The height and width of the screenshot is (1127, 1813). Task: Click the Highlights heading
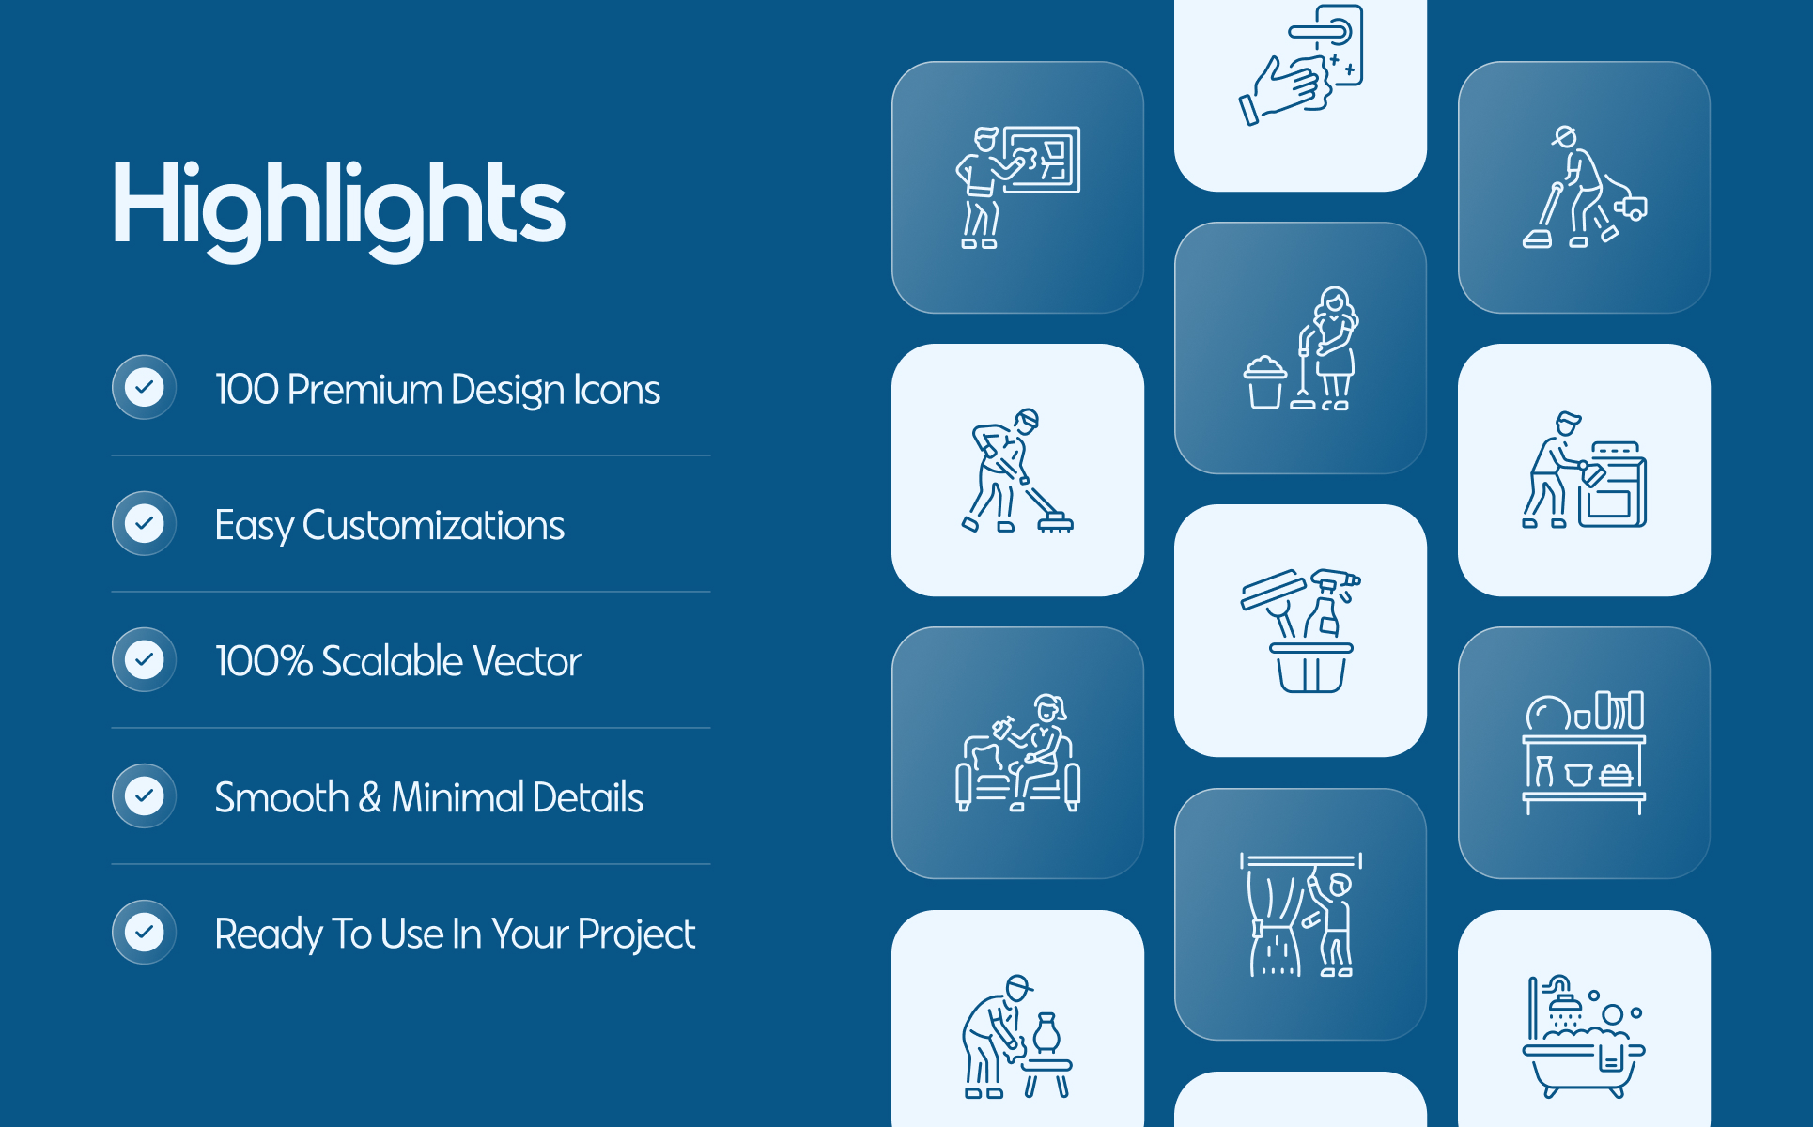click(339, 208)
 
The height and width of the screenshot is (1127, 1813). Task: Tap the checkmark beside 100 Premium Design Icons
click(145, 387)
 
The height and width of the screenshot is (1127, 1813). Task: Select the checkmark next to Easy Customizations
click(145, 523)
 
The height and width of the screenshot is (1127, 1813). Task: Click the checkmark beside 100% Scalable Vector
click(145, 659)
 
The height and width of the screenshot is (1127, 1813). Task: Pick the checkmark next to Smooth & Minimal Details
click(145, 795)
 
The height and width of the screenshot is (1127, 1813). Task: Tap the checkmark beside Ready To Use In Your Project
click(145, 932)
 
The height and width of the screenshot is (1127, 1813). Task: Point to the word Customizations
click(433, 525)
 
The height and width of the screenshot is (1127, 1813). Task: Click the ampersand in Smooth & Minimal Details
click(369, 797)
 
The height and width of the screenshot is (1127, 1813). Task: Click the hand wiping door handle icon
click(1301, 64)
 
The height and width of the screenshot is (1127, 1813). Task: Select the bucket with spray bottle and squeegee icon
click(1301, 631)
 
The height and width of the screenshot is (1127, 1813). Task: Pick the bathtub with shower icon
click(1584, 1036)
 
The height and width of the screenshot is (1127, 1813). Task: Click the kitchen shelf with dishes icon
click(1584, 752)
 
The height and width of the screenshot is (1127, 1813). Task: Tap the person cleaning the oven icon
click(1584, 470)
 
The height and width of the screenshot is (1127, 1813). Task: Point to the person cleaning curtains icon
click(1301, 915)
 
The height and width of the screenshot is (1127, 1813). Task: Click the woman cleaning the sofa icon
click(1018, 752)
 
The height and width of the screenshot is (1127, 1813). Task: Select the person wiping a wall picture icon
click(1018, 187)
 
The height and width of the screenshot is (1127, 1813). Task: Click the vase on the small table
click(1046, 1033)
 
